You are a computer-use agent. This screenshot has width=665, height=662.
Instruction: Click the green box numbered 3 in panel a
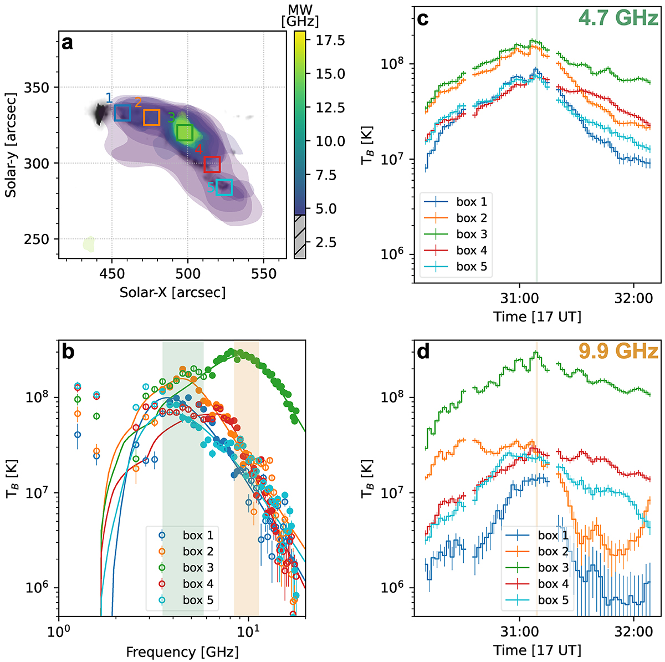click(x=185, y=133)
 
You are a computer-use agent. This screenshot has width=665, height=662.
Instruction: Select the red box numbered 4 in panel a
click(x=212, y=165)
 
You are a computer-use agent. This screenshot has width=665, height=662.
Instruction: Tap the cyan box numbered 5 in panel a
click(x=224, y=187)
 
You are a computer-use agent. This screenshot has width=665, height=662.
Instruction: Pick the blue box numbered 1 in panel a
click(x=122, y=113)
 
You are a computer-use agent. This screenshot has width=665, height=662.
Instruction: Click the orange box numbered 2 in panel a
click(x=152, y=118)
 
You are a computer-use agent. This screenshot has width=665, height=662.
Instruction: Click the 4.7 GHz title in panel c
click(x=618, y=18)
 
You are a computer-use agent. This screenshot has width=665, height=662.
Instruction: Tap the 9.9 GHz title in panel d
click(x=618, y=351)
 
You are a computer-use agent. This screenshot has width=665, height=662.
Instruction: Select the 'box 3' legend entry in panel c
click(x=472, y=235)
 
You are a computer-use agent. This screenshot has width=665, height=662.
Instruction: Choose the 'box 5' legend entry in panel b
click(x=198, y=600)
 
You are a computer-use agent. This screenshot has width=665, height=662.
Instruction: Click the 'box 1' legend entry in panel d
click(x=553, y=536)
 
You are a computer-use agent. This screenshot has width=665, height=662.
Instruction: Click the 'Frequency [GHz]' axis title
click(x=182, y=652)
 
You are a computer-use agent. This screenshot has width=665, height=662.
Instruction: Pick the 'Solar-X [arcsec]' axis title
click(x=172, y=292)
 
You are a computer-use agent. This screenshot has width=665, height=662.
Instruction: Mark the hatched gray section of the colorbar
click(x=299, y=236)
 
